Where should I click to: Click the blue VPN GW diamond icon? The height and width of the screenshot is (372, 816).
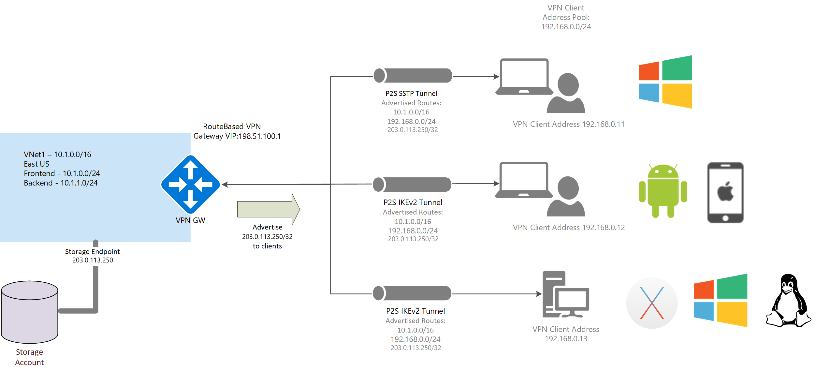tap(190, 184)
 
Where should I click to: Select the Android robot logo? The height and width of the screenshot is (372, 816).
tap(663, 191)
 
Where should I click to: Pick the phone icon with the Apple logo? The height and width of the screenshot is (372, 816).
tap(725, 192)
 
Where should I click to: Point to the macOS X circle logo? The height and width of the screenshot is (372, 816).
tap(652, 303)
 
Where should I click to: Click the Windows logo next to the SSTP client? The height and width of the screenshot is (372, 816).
tap(665, 82)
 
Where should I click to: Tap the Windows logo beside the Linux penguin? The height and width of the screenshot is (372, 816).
tap(720, 300)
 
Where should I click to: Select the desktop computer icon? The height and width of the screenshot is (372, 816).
tap(565, 294)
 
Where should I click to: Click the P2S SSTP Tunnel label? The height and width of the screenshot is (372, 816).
tap(411, 94)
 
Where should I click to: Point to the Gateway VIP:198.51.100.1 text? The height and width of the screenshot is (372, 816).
tap(237, 136)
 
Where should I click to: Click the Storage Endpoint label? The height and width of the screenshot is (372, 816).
tap(92, 252)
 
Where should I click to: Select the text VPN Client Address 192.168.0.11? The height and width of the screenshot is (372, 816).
tap(569, 124)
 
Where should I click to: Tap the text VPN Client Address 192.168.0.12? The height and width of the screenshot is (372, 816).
tap(569, 228)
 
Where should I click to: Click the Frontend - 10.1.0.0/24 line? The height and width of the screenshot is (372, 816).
tap(62, 173)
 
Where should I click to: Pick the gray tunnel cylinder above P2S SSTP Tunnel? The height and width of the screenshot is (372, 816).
tap(413, 76)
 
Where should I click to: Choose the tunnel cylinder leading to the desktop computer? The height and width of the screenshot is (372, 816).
tap(412, 293)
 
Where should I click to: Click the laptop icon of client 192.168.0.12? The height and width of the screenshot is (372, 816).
tap(524, 180)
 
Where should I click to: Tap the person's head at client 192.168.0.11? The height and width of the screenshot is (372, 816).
tap(568, 84)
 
